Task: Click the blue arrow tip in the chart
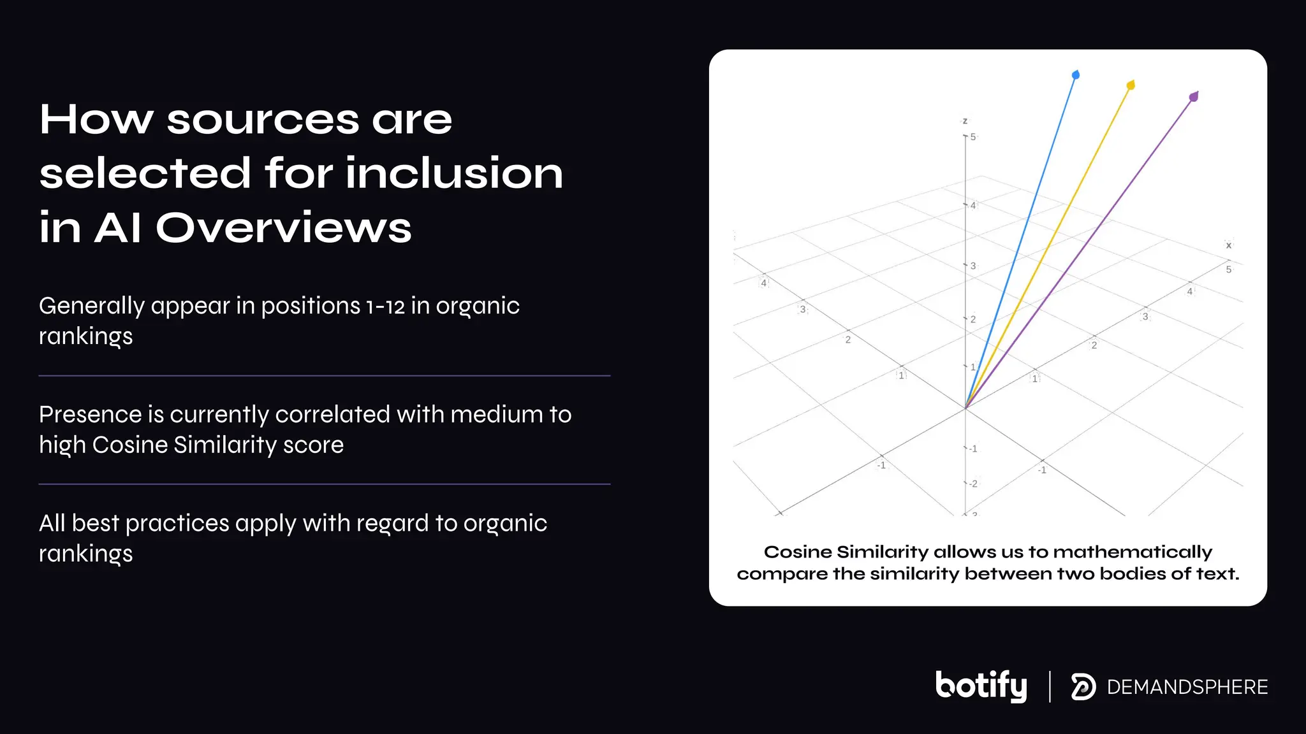tap(1076, 75)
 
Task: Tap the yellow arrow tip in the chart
tap(1131, 85)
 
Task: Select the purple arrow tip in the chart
tap(1194, 97)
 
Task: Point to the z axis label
tap(965, 121)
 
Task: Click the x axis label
tap(1228, 245)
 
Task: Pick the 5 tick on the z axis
tap(972, 137)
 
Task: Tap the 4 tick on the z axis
tap(972, 205)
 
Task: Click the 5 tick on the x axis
tap(1228, 270)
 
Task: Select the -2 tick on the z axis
tap(972, 484)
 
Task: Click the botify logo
tap(981, 686)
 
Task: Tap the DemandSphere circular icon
tap(1083, 687)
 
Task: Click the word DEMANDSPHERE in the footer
tap(1187, 687)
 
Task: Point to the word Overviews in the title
tap(284, 227)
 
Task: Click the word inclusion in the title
tap(455, 173)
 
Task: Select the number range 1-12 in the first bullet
tap(385, 306)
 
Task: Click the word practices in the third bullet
tap(177, 524)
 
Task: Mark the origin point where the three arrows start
tap(965, 408)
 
